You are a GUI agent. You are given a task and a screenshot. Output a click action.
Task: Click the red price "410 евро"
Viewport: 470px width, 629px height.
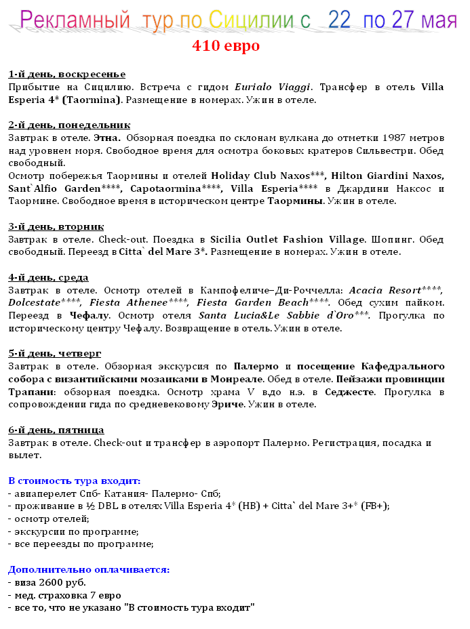(x=226, y=47)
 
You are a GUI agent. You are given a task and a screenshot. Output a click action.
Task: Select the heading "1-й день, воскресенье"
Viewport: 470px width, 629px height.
(x=66, y=74)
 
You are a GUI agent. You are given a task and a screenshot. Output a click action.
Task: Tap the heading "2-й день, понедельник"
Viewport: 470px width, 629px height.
(x=69, y=125)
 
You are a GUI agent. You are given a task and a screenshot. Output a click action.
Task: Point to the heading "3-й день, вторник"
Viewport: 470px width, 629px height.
(x=56, y=226)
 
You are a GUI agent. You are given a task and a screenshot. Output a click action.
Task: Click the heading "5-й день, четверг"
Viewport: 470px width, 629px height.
(x=55, y=353)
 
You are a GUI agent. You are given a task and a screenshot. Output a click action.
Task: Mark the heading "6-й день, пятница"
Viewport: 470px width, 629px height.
(x=56, y=430)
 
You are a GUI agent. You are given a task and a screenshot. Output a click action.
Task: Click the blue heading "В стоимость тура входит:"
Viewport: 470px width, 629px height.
(x=74, y=481)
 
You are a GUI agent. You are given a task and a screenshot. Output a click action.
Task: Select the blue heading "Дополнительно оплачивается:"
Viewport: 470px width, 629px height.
(x=88, y=569)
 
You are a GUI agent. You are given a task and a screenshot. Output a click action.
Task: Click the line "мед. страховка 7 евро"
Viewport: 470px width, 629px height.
(x=64, y=595)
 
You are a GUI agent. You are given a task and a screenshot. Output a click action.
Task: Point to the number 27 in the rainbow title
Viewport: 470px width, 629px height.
(x=403, y=20)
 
